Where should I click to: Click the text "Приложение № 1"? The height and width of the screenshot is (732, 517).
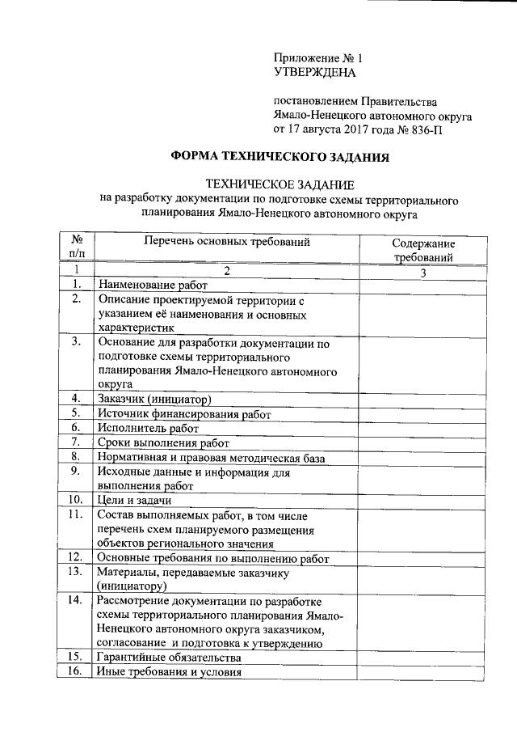point(320,58)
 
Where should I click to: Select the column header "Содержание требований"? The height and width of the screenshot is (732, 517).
point(423,250)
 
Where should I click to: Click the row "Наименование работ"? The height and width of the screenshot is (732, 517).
point(153,286)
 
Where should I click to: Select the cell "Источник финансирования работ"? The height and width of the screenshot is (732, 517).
point(183,414)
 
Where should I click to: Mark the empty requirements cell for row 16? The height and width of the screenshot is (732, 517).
point(423,672)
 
